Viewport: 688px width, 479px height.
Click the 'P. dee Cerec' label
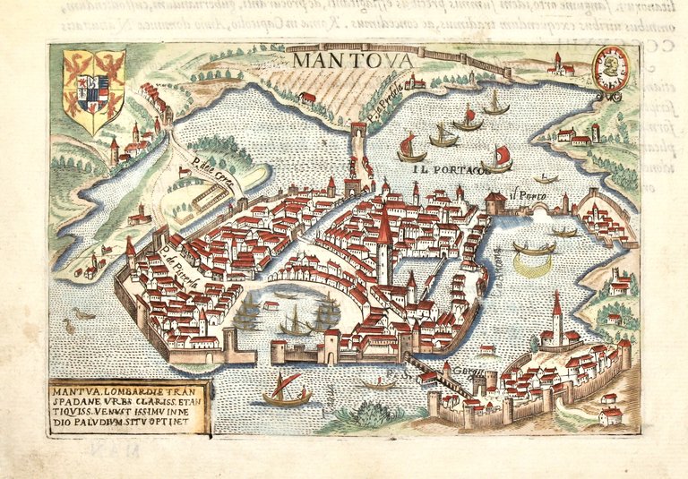pyautogui.click(x=204, y=168)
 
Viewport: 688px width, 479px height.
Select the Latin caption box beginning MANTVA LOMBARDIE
pyautogui.click(x=131, y=407)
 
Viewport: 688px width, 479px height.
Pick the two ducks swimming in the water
pyautogui.click(x=83, y=314)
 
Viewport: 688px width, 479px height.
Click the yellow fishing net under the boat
pyautogui.click(x=533, y=262)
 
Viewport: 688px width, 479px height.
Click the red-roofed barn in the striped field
pyautogui.click(x=307, y=97)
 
